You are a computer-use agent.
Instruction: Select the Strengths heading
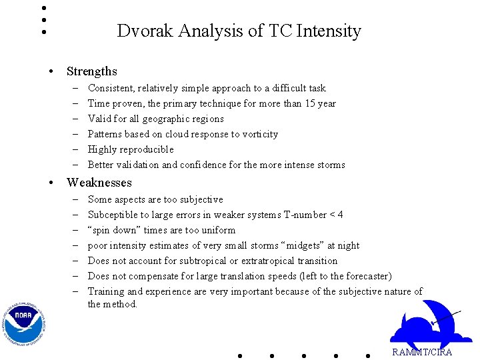[x=91, y=71]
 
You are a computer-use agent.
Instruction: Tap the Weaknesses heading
[x=99, y=183]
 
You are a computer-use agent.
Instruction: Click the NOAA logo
[x=23, y=324]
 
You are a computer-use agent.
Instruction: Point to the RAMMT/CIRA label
[x=421, y=352]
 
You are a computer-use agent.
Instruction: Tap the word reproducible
[x=149, y=149]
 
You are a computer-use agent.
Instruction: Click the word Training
[x=106, y=291]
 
